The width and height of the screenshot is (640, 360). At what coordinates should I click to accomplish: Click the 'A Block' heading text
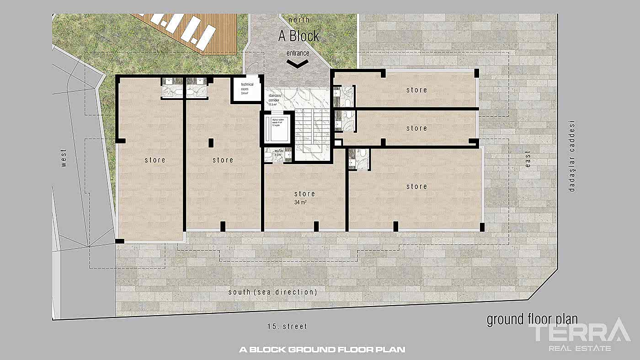click(299, 36)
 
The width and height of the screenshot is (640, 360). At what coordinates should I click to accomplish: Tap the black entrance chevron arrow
click(298, 64)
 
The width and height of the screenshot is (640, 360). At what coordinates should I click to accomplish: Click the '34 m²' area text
click(300, 202)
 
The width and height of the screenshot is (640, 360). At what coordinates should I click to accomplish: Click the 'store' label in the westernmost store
click(155, 160)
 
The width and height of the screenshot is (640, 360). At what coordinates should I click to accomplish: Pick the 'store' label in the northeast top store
click(416, 90)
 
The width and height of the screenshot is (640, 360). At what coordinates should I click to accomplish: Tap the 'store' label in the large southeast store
click(416, 186)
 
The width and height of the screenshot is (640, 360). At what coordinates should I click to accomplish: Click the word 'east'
click(528, 159)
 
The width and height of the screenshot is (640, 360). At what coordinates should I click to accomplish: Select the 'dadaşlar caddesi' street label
click(571, 156)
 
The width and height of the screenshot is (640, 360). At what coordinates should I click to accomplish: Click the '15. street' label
click(287, 327)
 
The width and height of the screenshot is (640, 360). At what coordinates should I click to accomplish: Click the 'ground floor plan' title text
click(532, 319)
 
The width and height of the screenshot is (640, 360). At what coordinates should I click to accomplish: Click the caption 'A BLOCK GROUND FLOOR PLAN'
click(322, 350)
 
